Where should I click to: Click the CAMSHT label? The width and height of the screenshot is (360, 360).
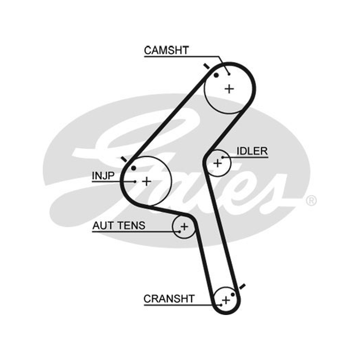click(x=166, y=50)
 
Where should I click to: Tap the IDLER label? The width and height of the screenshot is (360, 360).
click(x=252, y=151)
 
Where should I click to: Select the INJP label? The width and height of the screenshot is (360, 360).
click(x=103, y=176)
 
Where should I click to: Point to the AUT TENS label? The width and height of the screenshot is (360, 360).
click(x=119, y=225)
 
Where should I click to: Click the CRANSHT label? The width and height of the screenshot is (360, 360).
click(x=169, y=299)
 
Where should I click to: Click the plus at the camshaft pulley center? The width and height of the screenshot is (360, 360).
click(x=229, y=89)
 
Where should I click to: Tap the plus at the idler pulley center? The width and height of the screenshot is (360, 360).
click(x=217, y=163)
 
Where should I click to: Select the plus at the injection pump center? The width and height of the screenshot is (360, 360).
click(x=147, y=181)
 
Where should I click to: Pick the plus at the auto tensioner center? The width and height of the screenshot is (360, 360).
click(x=184, y=227)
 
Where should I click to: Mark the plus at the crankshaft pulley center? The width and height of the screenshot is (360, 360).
click(x=226, y=300)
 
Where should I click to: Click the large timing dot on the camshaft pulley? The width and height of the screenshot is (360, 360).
click(x=216, y=75)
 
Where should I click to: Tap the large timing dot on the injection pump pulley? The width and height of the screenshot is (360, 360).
click(x=134, y=168)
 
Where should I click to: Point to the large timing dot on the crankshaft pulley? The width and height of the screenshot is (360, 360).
click(x=233, y=294)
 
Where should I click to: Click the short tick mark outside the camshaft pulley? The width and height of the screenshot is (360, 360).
click(x=207, y=66)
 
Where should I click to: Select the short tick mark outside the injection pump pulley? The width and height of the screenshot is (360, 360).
click(x=124, y=159)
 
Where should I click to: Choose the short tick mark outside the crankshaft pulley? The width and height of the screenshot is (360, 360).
click(x=242, y=287)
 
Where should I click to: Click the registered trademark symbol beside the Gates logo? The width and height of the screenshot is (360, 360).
click(x=311, y=200)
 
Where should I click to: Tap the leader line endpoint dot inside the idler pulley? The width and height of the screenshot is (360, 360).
click(x=222, y=157)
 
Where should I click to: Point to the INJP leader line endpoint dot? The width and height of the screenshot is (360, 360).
click(x=135, y=182)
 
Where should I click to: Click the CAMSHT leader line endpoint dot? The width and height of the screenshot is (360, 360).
click(x=229, y=74)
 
